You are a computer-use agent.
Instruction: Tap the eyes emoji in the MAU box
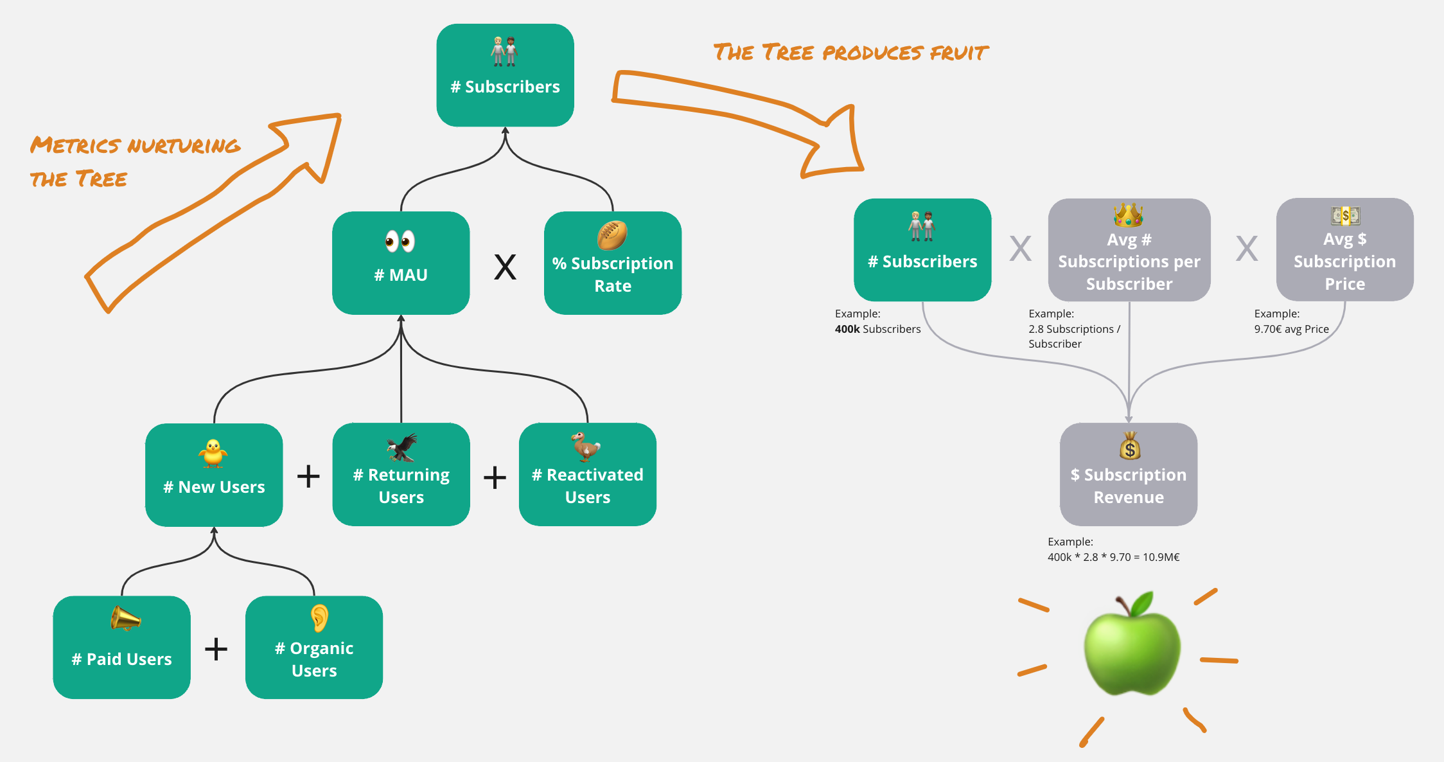pos(400,241)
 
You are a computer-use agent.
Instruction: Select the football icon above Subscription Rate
pos(612,235)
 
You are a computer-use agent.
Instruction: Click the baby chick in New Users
pos(213,453)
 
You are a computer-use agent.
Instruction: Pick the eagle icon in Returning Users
pos(402,447)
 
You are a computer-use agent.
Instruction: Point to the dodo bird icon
pos(585,447)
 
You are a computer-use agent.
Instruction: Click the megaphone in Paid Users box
pos(125,619)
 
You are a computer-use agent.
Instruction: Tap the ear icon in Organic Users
pos(319,618)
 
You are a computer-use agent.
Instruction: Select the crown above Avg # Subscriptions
pos(1129,215)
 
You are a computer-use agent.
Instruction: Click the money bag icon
pos(1130,445)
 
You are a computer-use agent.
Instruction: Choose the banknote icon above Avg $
pos(1345,215)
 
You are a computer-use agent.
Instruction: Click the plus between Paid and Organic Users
pos(216,649)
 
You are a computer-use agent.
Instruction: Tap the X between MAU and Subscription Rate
pos(505,267)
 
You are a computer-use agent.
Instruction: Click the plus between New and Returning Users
pos(308,476)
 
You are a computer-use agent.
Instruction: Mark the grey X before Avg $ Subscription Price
pos(1247,249)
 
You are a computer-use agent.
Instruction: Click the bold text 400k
pos(847,329)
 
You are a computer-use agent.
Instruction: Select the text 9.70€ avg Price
pos(1291,329)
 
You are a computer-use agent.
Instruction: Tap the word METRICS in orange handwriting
pos(75,145)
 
